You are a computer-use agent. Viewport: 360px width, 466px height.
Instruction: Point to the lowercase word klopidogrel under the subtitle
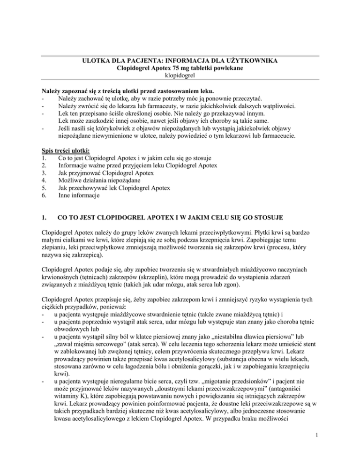(x=180, y=78)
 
